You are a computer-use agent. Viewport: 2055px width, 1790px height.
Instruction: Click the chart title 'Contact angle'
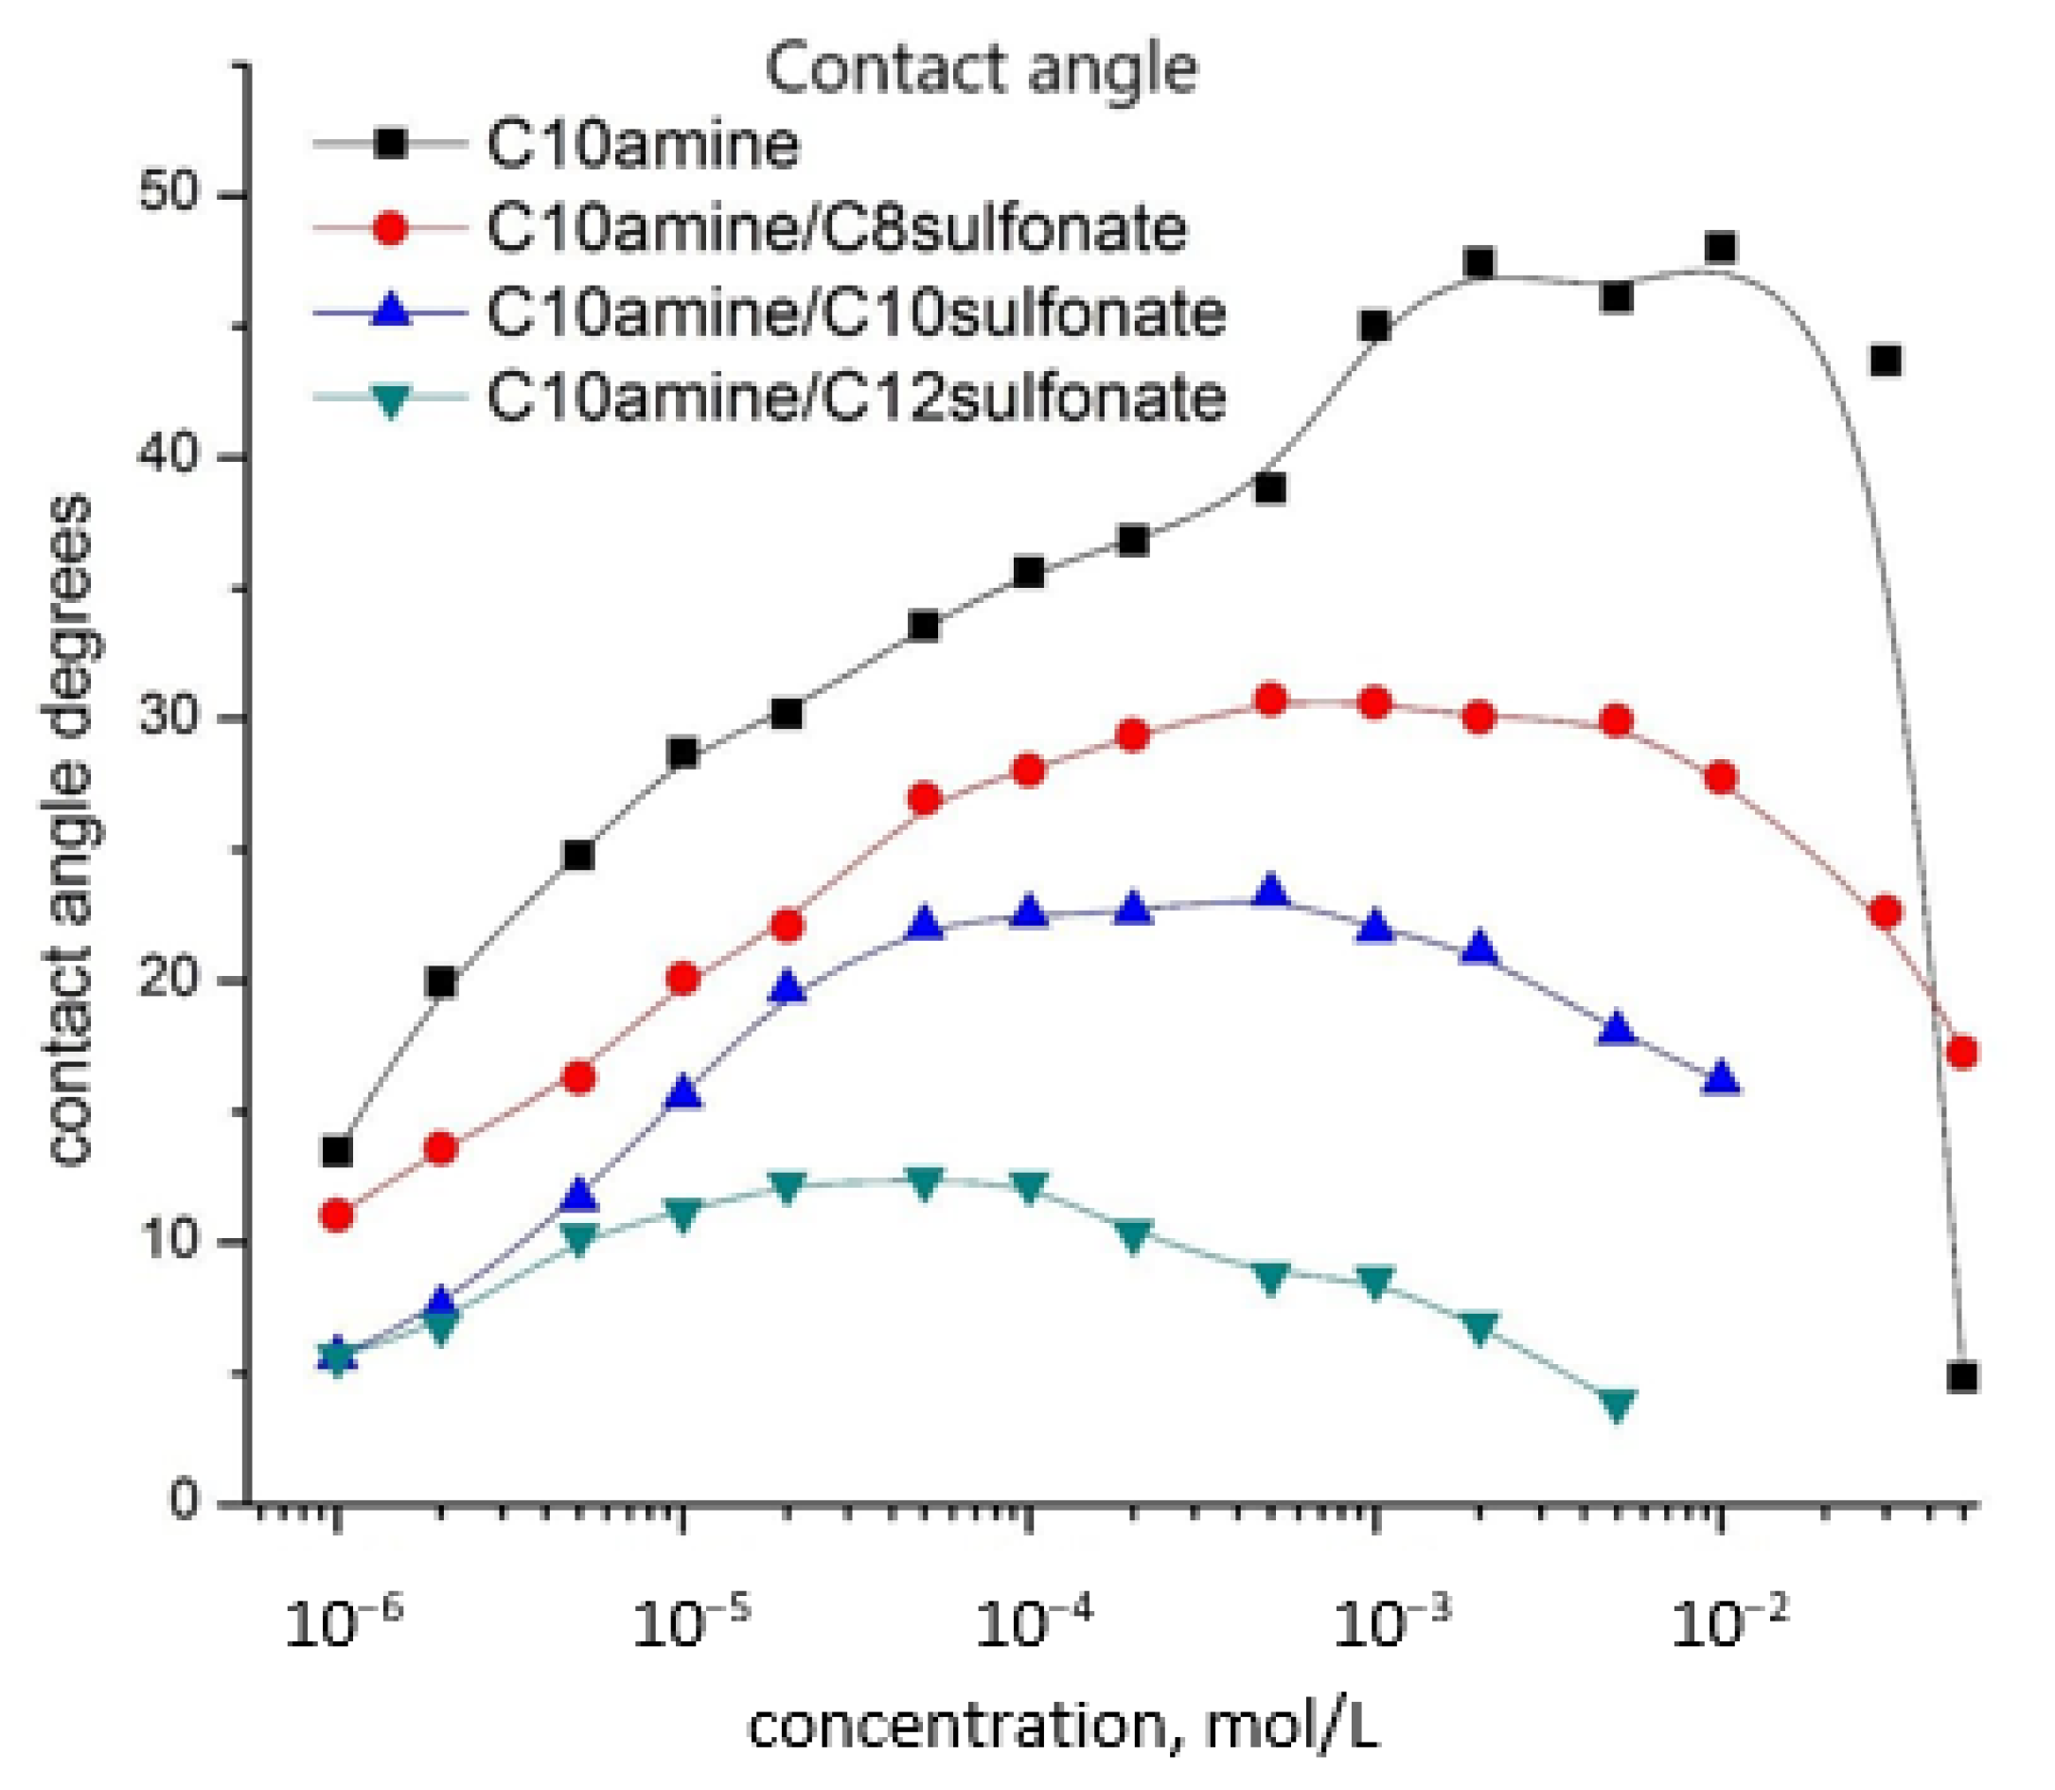(x=981, y=70)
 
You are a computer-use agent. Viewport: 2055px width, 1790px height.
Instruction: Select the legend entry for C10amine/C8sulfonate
(x=836, y=229)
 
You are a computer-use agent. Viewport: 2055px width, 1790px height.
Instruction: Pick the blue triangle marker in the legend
(x=391, y=311)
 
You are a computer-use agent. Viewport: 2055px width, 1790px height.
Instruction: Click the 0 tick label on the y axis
(x=184, y=1500)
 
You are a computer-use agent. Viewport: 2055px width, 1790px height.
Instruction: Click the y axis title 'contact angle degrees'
(x=70, y=829)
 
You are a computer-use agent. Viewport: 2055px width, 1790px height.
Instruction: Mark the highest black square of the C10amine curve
(x=1719, y=248)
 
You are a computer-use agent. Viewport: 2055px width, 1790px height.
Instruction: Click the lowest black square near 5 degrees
(x=1962, y=1377)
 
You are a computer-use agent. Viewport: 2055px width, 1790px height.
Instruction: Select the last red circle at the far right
(x=1962, y=1052)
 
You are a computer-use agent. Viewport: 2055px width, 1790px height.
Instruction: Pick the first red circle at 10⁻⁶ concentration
(x=337, y=1215)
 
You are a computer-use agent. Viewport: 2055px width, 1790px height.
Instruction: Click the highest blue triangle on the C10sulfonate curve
(x=1269, y=891)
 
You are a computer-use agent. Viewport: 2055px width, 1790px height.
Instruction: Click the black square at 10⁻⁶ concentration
(x=337, y=1152)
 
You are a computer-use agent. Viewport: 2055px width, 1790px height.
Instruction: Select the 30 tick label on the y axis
(x=170, y=718)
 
